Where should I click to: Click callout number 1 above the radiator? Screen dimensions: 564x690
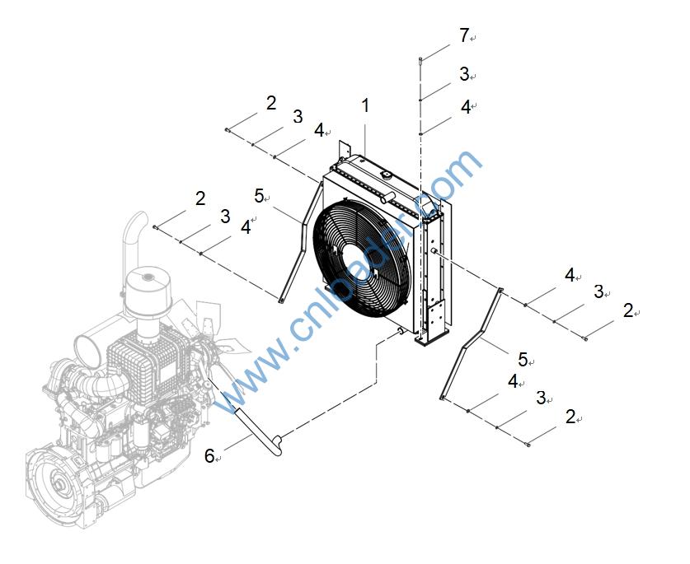[364, 105]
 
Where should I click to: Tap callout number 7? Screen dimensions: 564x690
[464, 35]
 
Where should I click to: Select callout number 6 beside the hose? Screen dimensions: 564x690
[209, 455]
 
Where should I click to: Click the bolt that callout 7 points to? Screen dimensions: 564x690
[420, 58]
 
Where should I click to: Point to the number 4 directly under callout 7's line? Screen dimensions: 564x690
[465, 107]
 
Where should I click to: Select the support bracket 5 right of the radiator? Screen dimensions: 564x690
[474, 346]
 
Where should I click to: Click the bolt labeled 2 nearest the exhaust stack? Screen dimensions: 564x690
[156, 226]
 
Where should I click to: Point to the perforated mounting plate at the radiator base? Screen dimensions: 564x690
[437, 317]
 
